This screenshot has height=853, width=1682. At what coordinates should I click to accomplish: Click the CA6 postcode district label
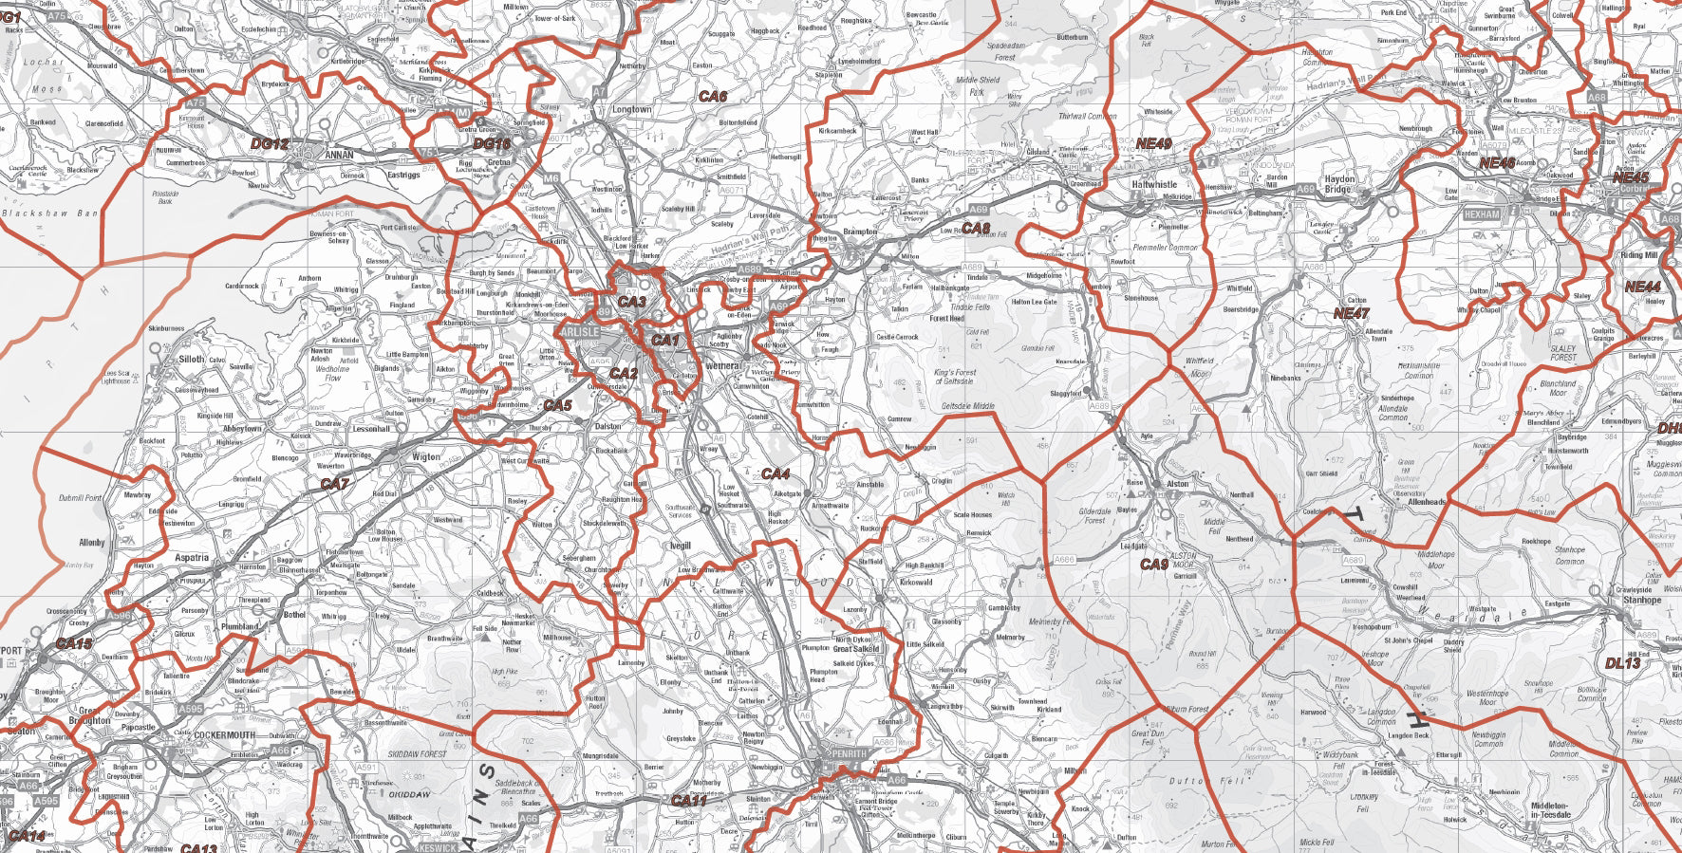(x=713, y=97)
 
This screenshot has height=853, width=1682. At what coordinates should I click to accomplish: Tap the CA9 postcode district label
(x=1154, y=565)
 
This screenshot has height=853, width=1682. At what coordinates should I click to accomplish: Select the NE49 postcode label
(x=1153, y=143)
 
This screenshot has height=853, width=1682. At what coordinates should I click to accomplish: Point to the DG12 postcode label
(x=269, y=144)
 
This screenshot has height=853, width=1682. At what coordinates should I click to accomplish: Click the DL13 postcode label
(x=1622, y=664)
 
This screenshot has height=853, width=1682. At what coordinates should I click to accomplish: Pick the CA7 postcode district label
(x=334, y=484)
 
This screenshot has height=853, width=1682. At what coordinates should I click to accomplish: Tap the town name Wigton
(x=425, y=456)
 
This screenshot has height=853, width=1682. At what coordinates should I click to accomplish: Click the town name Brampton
(x=860, y=232)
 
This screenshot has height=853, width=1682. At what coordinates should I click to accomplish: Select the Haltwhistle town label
(x=1153, y=185)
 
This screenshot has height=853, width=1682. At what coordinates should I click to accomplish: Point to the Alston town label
(x=1177, y=484)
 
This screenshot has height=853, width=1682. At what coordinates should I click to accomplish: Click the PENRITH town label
(x=848, y=753)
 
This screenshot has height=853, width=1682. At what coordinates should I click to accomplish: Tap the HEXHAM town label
(x=1482, y=214)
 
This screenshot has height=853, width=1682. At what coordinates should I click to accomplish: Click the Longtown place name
(x=631, y=110)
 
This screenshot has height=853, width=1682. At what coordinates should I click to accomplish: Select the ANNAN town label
(x=339, y=155)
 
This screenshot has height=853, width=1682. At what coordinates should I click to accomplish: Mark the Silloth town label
(x=191, y=360)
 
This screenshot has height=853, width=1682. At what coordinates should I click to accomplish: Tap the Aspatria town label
(x=192, y=558)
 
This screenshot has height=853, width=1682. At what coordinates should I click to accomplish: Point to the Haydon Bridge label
(x=1339, y=184)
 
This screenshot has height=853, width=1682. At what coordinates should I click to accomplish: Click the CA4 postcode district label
(x=776, y=473)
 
